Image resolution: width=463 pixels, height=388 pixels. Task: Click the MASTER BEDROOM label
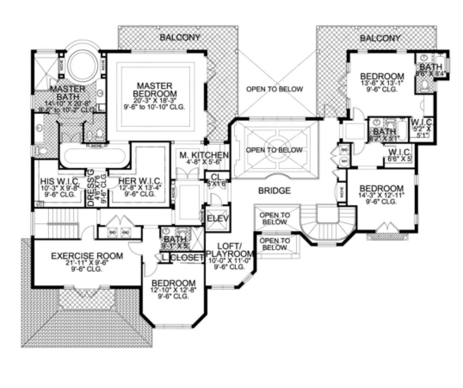157,89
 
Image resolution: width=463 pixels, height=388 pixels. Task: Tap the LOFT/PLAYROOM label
230,250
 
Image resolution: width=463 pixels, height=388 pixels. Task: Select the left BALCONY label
180,37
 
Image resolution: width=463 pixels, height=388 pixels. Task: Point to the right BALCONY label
380,38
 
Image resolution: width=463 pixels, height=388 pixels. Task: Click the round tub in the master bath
81,65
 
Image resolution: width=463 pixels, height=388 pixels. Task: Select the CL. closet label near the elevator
214,177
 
